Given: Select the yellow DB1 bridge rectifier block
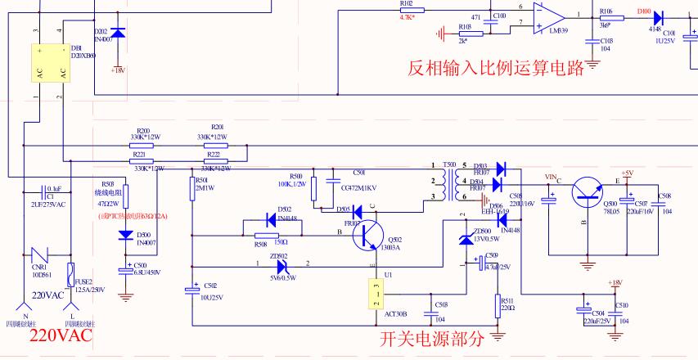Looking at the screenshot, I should [51, 62].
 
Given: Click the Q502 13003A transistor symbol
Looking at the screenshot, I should [369, 235].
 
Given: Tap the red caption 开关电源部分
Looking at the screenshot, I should [433, 338].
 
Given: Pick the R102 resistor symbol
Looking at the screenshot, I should [407, 9].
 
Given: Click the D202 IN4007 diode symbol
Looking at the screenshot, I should [118, 34].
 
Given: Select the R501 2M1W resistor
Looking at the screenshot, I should [191, 189].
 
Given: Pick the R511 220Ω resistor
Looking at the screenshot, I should [499, 306].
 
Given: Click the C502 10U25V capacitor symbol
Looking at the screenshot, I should [191, 290].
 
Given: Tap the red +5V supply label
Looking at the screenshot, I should [627, 173].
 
